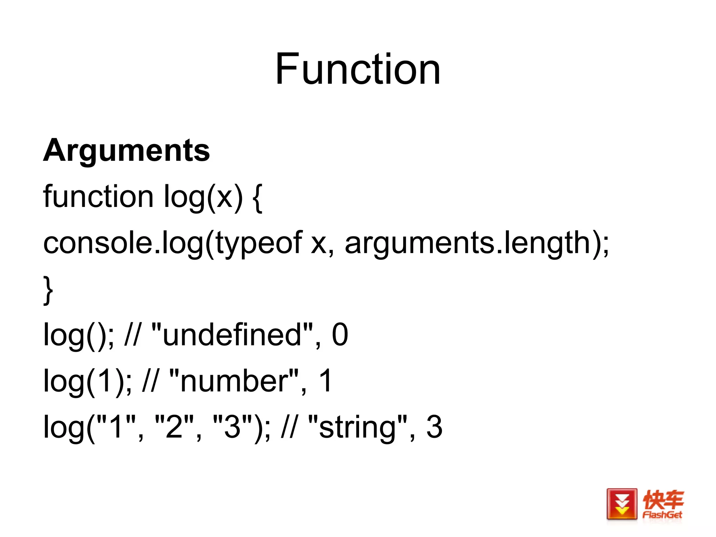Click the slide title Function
click(357, 69)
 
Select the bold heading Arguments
click(127, 150)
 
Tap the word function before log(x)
click(98, 196)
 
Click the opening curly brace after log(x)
click(257, 198)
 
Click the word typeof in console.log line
click(258, 243)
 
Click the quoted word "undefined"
click(232, 335)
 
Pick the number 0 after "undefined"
click(340, 335)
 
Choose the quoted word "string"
click(358, 427)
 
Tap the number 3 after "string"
click(434, 427)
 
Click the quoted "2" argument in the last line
click(174, 427)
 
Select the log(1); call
click(87, 381)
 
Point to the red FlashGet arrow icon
click(622, 504)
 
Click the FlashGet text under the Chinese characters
click(662, 515)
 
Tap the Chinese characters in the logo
click(663, 500)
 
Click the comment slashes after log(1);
click(150, 381)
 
